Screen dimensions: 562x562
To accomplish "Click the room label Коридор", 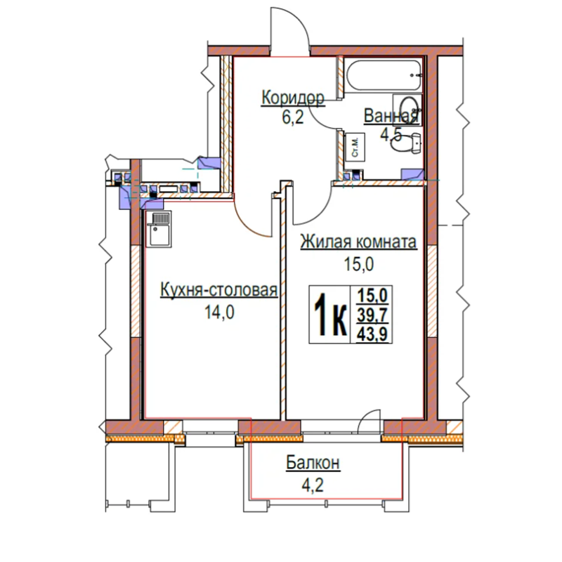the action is [x=293, y=98].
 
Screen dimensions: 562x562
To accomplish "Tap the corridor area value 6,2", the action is [x=293, y=117].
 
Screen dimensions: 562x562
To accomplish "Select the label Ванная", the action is [x=391, y=116].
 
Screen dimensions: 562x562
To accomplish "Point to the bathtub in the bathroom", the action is [x=384, y=76].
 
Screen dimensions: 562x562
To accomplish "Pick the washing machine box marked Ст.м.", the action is [x=355, y=147].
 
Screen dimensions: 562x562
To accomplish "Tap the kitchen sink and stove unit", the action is [x=159, y=229].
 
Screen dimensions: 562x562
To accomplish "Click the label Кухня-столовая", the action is [x=218, y=289].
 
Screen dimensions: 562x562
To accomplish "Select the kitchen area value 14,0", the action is [x=219, y=312].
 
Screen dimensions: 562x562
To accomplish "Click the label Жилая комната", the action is [x=358, y=242].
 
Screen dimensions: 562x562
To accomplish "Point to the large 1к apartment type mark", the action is [x=330, y=315].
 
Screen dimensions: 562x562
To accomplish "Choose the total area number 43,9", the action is [x=372, y=335].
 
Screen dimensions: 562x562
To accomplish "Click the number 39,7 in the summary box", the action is [x=372, y=315].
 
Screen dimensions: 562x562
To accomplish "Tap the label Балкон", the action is [x=313, y=463].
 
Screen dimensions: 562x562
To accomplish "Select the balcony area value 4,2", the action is [x=313, y=485].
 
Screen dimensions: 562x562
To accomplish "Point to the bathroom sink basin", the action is [x=407, y=110].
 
